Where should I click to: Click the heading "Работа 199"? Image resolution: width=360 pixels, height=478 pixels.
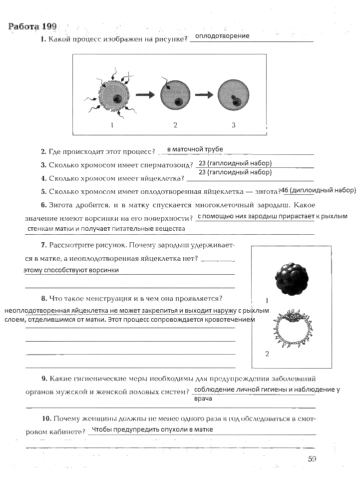click(x=33, y=26)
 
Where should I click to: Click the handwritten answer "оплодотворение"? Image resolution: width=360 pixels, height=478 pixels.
click(x=222, y=36)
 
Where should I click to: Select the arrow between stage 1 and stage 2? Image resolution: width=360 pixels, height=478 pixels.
click(x=145, y=95)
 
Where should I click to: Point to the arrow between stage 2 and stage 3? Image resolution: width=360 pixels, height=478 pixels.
click(x=204, y=95)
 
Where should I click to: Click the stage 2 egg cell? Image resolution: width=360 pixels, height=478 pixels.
click(x=175, y=95)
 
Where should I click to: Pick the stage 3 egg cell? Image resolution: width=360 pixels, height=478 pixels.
click(x=233, y=95)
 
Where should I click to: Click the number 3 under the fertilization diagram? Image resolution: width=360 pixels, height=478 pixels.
click(x=233, y=125)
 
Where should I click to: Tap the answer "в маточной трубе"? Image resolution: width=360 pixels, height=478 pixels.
click(x=195, y=149)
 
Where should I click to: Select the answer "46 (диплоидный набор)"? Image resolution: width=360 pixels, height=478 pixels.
click(x=318, y=190)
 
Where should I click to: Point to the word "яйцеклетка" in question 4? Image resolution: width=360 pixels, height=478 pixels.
click(x=159, y=178)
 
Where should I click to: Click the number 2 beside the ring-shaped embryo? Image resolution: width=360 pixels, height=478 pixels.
click(x=267, y=354)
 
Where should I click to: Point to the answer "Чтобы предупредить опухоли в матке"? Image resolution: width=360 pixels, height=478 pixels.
click(x=153, y=430)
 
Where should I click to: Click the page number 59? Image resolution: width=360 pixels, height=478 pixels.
click(x=312, y=459)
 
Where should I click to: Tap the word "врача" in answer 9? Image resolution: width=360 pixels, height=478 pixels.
click(x=203, y=399)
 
